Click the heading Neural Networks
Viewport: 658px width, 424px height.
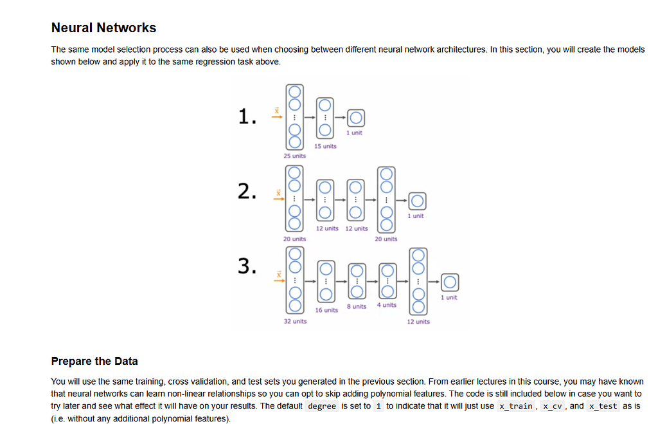click(103, 28)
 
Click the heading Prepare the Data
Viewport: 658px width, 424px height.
click(94, 361)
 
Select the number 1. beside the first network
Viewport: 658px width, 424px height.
click(247, 116)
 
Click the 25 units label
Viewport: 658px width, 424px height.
click(294, 156)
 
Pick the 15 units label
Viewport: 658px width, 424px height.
click(325, 146)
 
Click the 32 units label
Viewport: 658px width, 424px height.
click(295, 321)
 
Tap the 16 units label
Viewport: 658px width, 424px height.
click(326, 310)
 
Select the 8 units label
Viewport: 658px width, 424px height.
click(356, 306)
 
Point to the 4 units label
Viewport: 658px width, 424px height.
click(387, 305)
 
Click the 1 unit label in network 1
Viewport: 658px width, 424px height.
click(354, 133)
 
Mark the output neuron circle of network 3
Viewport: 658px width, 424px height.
click(450, 282)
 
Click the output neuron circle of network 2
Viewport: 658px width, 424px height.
click(417, 201)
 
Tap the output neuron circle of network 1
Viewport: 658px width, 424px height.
click(355, 118)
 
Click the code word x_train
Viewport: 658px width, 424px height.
click(517, 406)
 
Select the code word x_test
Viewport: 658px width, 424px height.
click(603, 406)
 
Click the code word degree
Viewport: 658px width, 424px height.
click(322, 406)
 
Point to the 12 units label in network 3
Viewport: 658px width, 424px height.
click(418, 321)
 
